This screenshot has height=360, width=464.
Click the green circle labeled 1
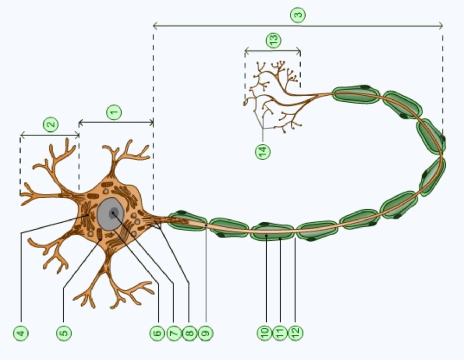click(x=114, y=112)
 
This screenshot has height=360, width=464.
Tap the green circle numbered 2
click(x=51, y=124)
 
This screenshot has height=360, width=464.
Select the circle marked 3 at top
click(x=298, y=15)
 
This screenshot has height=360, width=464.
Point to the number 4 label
click(x=21, y=333)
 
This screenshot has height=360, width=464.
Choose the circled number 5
click(x=64, y=333)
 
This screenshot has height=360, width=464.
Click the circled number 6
click(x=157, y=333)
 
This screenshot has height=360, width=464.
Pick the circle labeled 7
click(x=174, y=333)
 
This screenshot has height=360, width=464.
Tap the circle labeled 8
click(x=189, y=333)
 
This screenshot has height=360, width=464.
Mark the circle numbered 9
click(x=206, y=333)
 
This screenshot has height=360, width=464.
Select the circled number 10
click(x=265, y=333)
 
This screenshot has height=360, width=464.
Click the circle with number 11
click(x=280, y=333)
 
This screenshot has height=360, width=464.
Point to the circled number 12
click(x=295, y=333)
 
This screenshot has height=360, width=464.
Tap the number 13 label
click(x=274, y=40)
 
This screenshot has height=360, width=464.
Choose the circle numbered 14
click(x=263, y=151)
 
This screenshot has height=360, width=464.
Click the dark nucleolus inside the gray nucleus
click(x=113, y=213)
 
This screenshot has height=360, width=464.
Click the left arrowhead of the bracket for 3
click(x=154, y=25)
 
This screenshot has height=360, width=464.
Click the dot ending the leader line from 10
click(x=266, y=236)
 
